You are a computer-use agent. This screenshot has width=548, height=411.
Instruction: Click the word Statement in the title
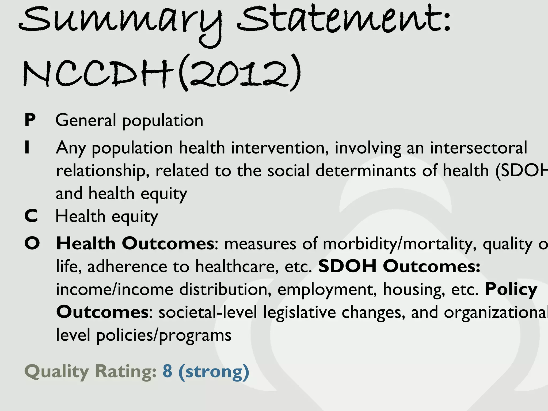click(340, 20)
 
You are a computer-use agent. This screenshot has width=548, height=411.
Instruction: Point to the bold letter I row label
click(27, 147)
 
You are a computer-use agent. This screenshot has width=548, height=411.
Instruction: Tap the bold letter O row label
click(32, 243)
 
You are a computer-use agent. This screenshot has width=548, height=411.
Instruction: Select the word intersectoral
click(478, 147)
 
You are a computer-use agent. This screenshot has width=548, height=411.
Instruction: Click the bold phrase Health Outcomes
click(135, 243)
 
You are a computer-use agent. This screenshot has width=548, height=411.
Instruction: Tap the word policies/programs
click(163, 336)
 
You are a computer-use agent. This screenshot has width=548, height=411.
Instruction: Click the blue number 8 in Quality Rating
click(168, 371)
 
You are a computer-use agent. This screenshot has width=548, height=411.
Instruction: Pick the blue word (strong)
click(214, 371)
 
